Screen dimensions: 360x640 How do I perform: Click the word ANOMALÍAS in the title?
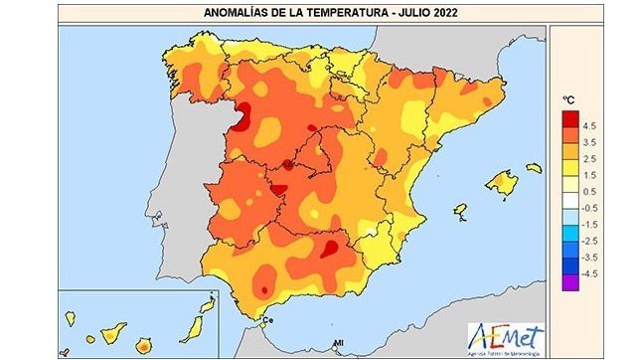coord(233,12)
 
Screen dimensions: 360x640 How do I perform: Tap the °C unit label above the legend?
coord(569,100)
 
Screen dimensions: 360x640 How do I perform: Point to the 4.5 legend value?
coord(589,126)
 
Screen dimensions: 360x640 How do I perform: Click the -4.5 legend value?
coord(589,272)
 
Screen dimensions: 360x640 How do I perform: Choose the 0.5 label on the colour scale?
coord(589,191)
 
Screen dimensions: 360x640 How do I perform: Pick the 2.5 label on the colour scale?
coord(589,159)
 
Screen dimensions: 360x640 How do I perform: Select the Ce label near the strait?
coord(266,320)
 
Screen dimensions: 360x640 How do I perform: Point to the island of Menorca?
coord(534,168)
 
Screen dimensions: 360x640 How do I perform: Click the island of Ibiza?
coord(460,211)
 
